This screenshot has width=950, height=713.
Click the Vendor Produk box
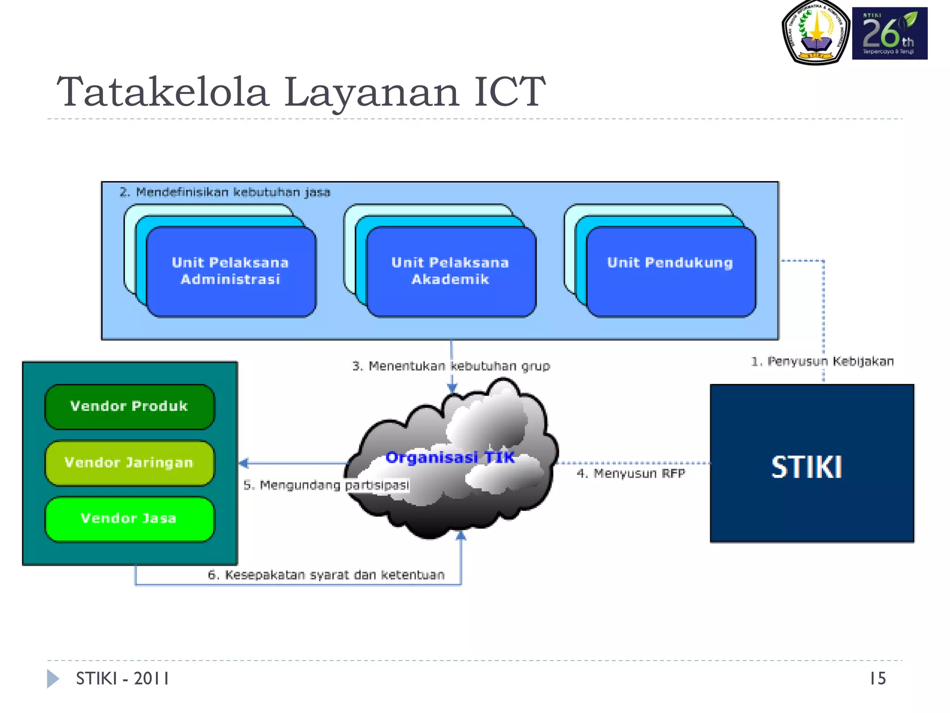coord(129,406)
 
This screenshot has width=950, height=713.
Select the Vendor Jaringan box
coord(129,463)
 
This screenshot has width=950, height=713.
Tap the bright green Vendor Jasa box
coord(129,519)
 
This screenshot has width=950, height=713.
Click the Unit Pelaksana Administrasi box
coord(231,272)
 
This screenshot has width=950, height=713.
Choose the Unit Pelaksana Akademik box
coord(450,272)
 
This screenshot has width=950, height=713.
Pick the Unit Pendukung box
coord(670,272)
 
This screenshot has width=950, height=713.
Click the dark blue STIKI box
coord(811,464)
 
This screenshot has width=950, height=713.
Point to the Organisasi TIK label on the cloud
coord(450,458)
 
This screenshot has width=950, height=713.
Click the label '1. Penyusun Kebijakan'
coord(822,362)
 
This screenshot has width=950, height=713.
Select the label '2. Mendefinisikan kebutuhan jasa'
coord(225,192)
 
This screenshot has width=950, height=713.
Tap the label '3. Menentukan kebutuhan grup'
coord(451,366)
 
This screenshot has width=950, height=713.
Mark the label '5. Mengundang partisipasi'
coord(326,485)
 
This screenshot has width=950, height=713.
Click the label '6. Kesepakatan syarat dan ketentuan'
coord(326,575)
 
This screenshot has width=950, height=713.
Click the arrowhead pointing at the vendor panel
coord(244,463)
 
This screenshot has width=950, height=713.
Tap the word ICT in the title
coord(509,91)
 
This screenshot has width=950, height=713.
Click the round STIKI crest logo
coord(815,32)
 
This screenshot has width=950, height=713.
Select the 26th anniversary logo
coord(889,33)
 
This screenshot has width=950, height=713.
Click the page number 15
coord(877,679)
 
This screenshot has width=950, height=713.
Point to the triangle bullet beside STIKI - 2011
coord(52,679)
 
